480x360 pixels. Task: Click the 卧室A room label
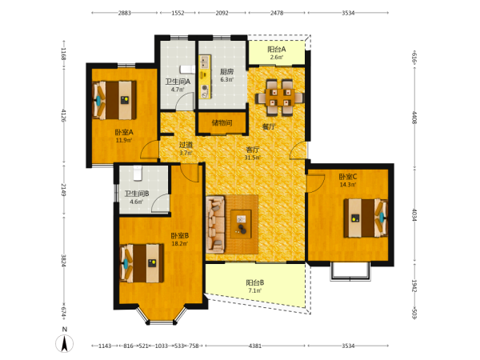point(124,132)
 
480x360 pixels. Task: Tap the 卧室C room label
point(348,177)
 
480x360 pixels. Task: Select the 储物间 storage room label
point(222,122)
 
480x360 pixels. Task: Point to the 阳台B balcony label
point(255,282)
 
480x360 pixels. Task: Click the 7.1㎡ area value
point(255,290)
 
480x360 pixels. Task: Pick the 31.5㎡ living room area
point(253,158)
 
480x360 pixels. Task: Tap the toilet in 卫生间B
point(138,173)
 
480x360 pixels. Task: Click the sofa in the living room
point(215,224)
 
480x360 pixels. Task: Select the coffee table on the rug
point(242,224)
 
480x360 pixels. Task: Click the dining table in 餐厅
point(279,98)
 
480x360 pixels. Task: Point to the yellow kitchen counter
point(205,77)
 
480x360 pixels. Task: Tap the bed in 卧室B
point(142,263)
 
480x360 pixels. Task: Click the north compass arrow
point(65,343)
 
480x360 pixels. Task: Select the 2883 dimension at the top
point(125,13)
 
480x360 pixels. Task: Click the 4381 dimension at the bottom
point(255,346)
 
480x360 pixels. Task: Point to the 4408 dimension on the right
point(414,118)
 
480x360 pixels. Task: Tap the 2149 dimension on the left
point(63,190)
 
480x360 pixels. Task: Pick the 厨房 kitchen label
point(227,72)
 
